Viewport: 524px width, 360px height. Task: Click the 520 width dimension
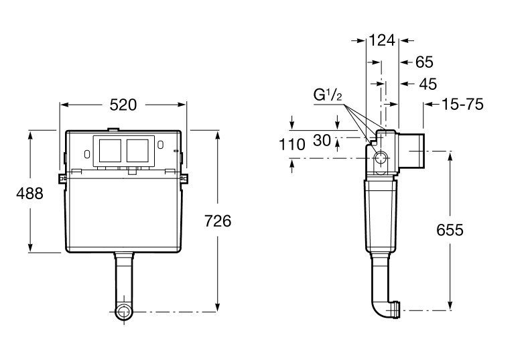pos(123,105)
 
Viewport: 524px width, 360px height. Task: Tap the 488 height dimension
pos(29,194)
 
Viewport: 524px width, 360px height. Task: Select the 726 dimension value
pos(218,221)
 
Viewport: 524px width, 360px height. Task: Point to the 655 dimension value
pos(450,230)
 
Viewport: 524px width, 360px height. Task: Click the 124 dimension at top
pos(382,40)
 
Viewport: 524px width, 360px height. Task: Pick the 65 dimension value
pos(424,62)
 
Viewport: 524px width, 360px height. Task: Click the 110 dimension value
pos(291,143)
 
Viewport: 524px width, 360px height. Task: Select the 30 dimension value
pos(322,140)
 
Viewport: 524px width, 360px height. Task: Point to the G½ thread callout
pos(328,95)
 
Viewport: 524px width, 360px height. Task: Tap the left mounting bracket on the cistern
pos(62,178)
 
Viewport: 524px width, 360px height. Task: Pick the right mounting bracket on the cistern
pos(185,178)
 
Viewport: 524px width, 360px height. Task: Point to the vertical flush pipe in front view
pos(123,278)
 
